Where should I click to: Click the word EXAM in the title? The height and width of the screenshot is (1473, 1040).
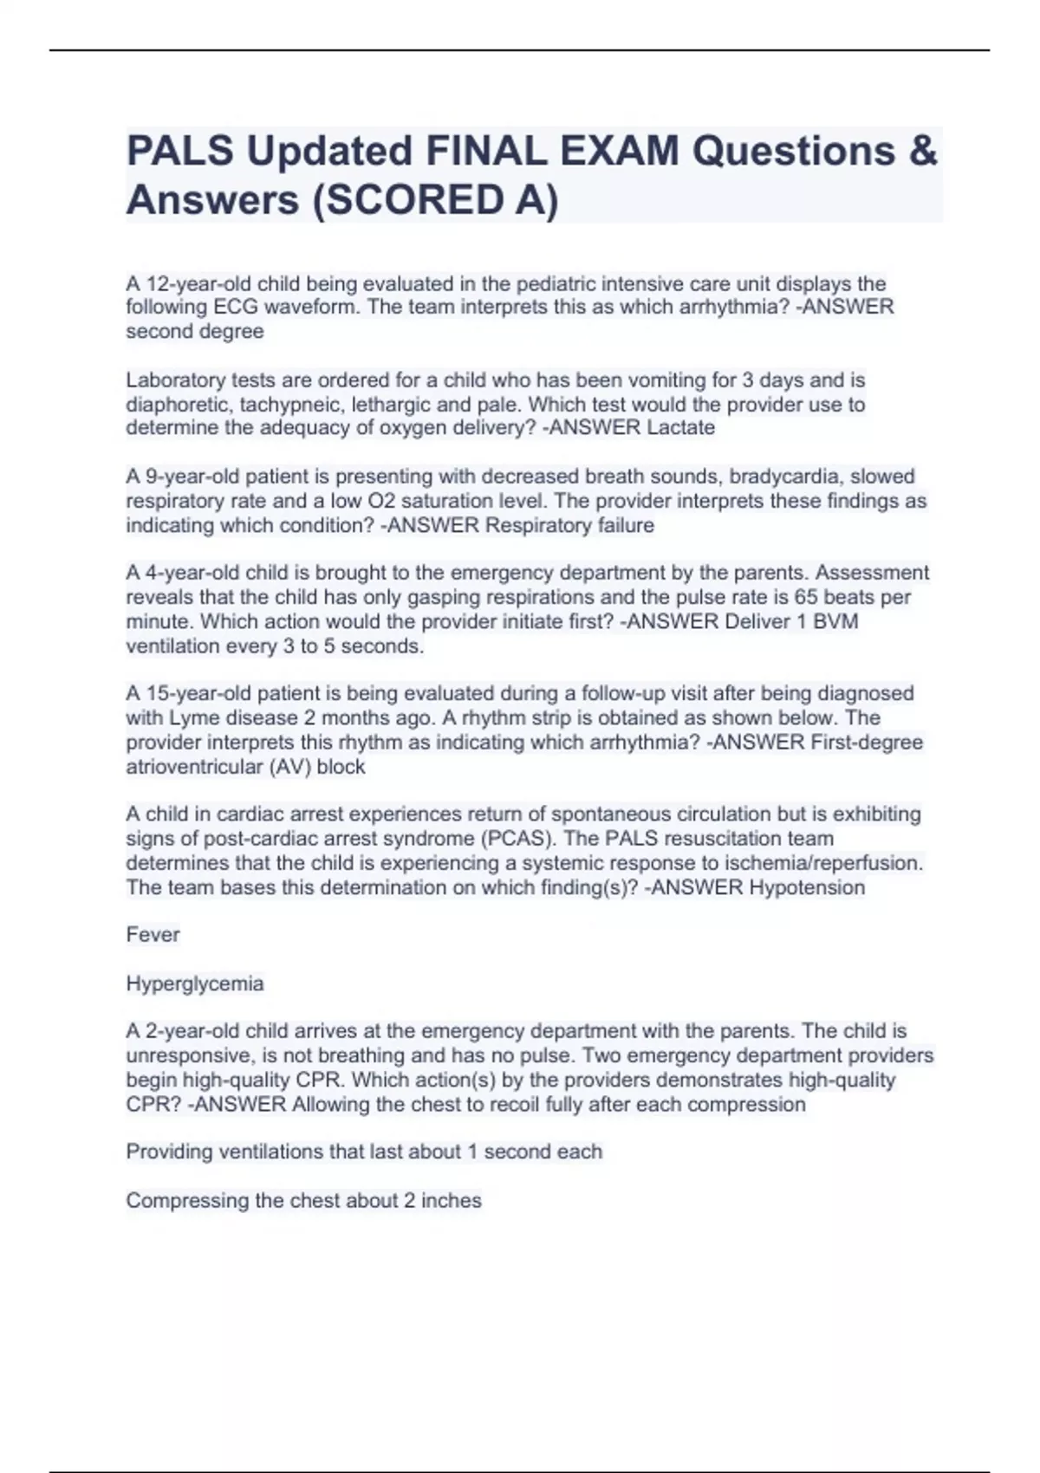[620, 152]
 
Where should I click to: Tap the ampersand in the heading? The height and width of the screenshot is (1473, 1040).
[924, 152]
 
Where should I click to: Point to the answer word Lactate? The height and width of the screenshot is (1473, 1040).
[681, 428]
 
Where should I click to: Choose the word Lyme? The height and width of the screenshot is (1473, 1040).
[188, 718]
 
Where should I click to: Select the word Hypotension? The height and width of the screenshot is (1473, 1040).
[806, 887]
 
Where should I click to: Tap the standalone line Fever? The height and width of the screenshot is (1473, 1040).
[153, 935]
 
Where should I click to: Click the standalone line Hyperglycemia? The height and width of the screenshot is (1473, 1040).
[195, 984]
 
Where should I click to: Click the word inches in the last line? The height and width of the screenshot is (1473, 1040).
[451, 1201]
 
